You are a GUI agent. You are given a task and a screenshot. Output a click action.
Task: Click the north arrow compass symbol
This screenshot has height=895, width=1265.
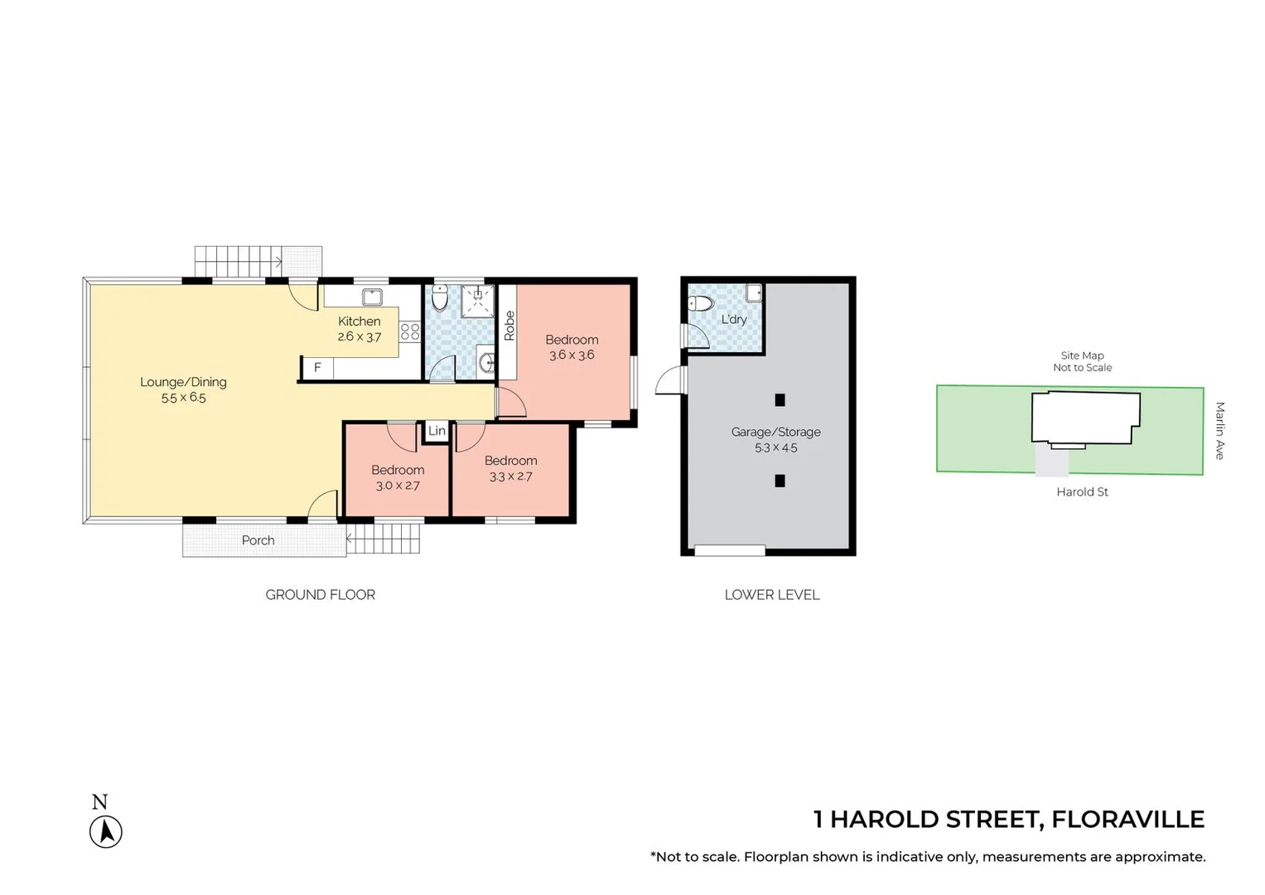[106, 831]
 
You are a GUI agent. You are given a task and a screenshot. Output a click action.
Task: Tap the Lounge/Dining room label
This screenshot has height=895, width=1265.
[183, 389]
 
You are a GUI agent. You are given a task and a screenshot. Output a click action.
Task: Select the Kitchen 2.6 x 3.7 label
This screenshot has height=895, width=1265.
[360, 329]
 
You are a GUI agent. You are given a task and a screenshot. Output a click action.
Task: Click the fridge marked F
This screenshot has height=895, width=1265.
[317, 367]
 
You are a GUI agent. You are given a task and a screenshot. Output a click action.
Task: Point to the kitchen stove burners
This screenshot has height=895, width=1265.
[410, 331]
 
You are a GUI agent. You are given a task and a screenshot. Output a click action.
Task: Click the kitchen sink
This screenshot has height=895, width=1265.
[372, 297]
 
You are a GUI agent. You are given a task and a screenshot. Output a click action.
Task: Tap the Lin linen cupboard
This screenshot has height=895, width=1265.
[437, 431]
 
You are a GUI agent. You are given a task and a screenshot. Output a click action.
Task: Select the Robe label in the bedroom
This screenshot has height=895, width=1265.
[509, 326]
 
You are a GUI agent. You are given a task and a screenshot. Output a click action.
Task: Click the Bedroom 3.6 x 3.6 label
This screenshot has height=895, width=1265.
[572, 347]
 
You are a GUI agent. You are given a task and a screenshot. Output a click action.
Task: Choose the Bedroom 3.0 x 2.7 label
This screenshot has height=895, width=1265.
[398, 477]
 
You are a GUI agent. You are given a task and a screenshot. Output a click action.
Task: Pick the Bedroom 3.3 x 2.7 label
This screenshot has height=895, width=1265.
[511, 468]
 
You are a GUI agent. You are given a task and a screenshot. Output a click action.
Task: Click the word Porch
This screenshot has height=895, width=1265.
[258, 540]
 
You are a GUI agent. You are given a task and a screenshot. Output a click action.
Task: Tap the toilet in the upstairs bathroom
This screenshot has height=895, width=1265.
[440, 296]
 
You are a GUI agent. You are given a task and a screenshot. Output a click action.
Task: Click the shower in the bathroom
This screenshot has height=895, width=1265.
[477, 301]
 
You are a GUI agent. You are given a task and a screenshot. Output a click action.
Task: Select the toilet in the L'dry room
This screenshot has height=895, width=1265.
[701, 303]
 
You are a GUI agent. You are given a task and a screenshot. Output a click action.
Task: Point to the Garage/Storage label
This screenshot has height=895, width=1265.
[775, 439]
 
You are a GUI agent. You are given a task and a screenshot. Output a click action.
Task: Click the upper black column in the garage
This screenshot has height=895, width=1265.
[780, 400]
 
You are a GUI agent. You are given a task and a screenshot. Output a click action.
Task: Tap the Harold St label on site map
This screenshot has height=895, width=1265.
[1082, 492]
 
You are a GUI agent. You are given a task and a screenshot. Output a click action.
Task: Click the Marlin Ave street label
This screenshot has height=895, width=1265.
[1219, 430]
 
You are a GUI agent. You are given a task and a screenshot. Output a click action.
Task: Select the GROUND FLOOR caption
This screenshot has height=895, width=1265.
[320, 595]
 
